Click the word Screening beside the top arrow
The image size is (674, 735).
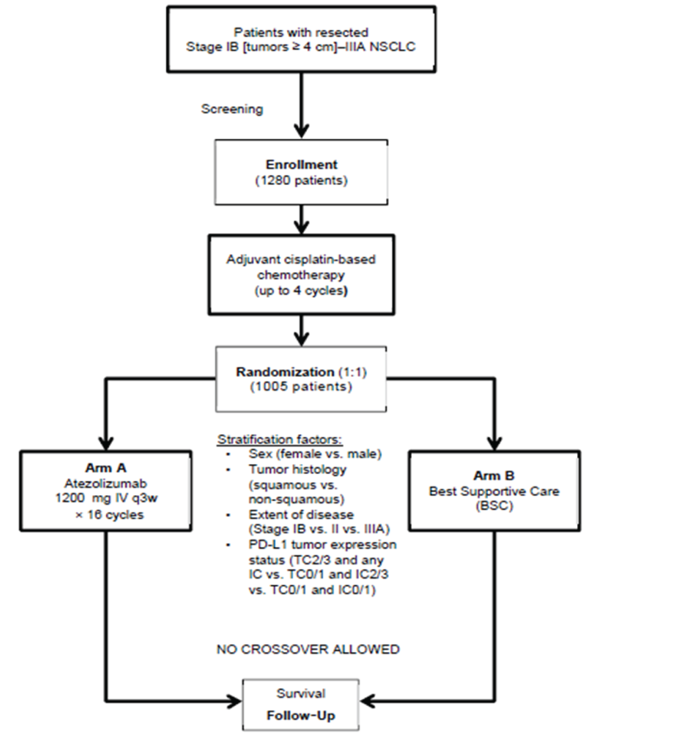(232, 109)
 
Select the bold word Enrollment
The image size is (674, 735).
(301, 165)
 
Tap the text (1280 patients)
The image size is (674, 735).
(301, 180)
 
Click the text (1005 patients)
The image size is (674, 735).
(301, 386)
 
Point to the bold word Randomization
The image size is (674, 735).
(285, 372)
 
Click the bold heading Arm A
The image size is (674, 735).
(106, 468)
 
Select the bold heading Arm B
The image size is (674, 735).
(494, 476)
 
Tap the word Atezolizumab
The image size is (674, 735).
(106, 483)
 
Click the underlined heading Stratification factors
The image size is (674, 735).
(280, 439)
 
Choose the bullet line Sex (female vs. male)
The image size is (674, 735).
(315, 453)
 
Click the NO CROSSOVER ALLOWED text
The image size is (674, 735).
(308, 649)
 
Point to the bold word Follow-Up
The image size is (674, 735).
(301, 715)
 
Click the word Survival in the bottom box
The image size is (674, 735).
(301, 694)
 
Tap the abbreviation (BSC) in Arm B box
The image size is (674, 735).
(494, 506)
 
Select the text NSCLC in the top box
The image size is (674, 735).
(393, 47)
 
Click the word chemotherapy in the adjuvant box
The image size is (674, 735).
(301, 275)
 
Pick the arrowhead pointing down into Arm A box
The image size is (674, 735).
(106, 443)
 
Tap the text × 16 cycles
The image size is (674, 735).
(110, 515)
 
